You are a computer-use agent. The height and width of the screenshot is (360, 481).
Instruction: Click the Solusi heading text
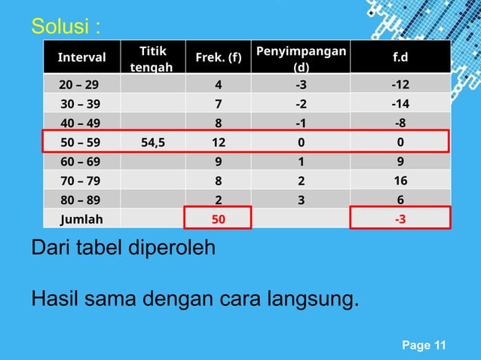(65, 27)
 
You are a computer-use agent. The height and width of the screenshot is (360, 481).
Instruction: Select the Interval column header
(81, 57)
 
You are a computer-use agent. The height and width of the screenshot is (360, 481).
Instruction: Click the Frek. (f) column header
(218, 57)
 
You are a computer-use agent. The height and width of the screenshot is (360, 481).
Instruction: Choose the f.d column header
(399, 57)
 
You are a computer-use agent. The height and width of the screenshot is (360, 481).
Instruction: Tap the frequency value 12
(218, 142)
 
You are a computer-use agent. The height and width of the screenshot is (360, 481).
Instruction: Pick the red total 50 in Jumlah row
(218, 218)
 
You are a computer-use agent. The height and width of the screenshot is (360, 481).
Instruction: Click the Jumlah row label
(81, 218)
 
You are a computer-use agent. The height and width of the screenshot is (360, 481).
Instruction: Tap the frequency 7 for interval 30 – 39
(218, 103)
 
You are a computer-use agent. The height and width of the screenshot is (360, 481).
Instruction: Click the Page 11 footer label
(424, 346)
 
